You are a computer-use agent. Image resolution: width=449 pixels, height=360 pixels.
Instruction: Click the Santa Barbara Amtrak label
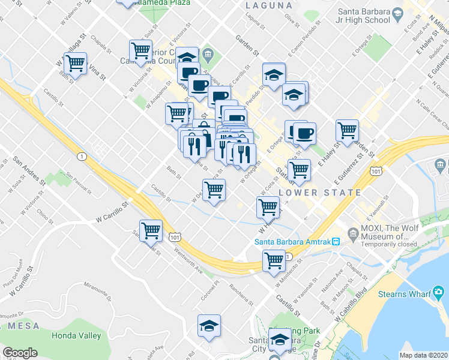click(x=293, y=242)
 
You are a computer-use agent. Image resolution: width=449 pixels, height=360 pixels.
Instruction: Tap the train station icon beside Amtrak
click(x=337, y=242)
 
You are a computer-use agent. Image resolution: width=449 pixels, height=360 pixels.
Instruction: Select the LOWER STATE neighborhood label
click(x=320, y=193)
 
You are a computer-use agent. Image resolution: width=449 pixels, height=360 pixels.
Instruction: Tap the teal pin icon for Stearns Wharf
click(x=370, y=294)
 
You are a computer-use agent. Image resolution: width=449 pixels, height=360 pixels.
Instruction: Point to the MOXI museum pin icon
click(x=352, y=232)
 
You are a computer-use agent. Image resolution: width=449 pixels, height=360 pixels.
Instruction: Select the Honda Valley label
click(x=76, y=335)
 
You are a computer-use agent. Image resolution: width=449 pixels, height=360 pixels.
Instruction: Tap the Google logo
click(x=20, y=353)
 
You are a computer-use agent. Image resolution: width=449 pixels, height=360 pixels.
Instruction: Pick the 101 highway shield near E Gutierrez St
click(x=376, y=171)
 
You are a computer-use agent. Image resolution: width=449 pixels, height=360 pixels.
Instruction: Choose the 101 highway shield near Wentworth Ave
click(x=175, y=238)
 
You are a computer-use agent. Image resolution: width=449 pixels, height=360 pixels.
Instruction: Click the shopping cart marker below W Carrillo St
click(x=151, y=230)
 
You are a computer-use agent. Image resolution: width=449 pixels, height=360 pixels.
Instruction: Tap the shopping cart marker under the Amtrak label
click(x=274, y=261)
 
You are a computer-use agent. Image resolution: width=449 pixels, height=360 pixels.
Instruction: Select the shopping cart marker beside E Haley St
click(x=347, y=130)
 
